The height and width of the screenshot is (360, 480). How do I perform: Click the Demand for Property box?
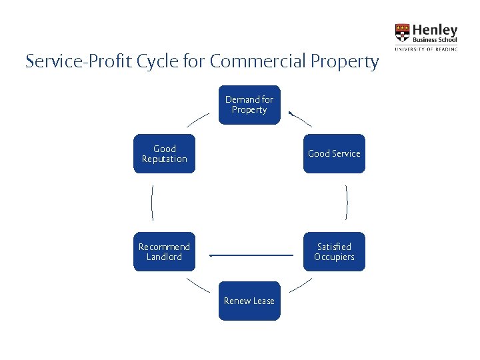pyautogui.click(x=249, y=105)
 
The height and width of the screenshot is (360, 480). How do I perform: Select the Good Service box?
pyautogui.click(x=334, y=153)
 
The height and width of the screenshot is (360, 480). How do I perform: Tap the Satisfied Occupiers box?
pyautogui.click(x=334, y=251)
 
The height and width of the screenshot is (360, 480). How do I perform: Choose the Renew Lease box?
pyautogui.click(x=249, y=301)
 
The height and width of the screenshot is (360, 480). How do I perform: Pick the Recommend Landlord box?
pyautogui.click(x=164, y=251)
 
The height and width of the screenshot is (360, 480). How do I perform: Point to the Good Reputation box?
pyautogui.click(x=164, y=153)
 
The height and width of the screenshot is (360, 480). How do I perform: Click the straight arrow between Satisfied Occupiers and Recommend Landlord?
pyautogui.click(x=251, y=255)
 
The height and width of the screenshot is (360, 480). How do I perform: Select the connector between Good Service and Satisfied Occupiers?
pyautogui.click(x=347, y=202)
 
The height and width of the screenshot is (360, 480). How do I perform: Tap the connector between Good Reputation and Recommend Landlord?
pyautogui.click(x=153, y=202)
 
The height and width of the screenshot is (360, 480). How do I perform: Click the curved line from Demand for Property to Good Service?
pyautogui.click(x=301, y=119)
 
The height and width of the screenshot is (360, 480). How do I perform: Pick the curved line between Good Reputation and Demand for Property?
pyautogui.click(x=197, y=119)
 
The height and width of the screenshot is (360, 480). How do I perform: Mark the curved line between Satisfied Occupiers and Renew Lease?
pyautogui.click(x=301, y=285)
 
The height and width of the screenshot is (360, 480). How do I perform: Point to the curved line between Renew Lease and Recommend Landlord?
pyautogui.click(x=197, y=285)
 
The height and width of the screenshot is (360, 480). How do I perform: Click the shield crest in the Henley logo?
pyautogui.click(x=403, y=33)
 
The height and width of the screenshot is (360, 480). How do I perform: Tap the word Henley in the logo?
pyautogui.click(x=435, y=30)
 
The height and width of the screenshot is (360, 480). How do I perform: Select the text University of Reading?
pyautogui.click(x=426, y=49)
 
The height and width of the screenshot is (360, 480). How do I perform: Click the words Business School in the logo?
pyautogui.click(x=435, y=40)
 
